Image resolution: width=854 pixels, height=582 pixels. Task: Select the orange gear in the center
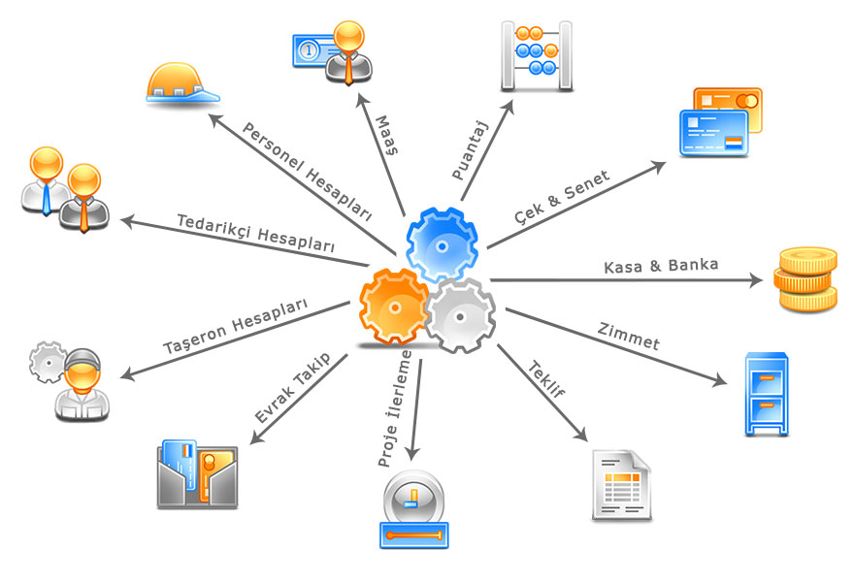click(x=393, y=307)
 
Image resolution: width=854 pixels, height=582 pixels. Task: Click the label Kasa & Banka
click(x=661, y=266)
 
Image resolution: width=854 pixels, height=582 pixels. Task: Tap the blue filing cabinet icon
click(x=766, y=394)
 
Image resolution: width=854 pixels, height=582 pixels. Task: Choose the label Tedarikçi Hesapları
click(x=256, y=234)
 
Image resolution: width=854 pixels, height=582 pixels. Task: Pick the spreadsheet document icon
click(x=621, y=485)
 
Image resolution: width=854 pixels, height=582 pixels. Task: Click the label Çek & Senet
click(x=562, y=198)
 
